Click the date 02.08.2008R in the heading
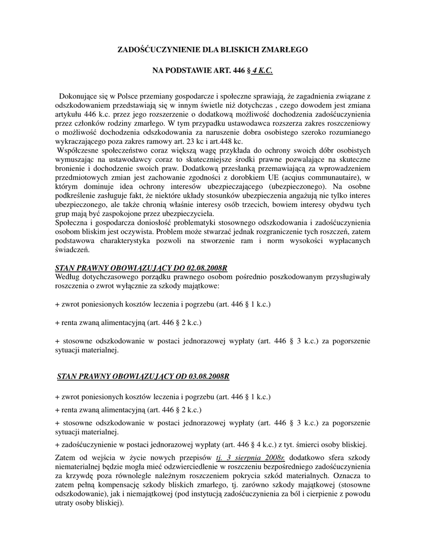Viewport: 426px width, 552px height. tap(207, 267)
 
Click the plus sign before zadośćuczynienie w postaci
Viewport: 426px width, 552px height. tap(57, 445)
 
